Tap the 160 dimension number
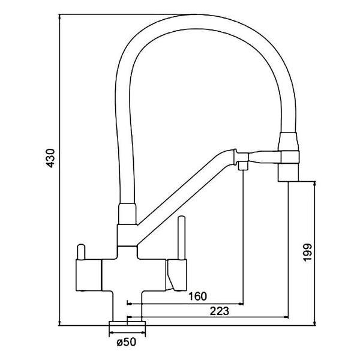pyautogui.click(x=197, y=296)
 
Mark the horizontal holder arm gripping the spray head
pyautogui.click(x=264, y=157)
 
